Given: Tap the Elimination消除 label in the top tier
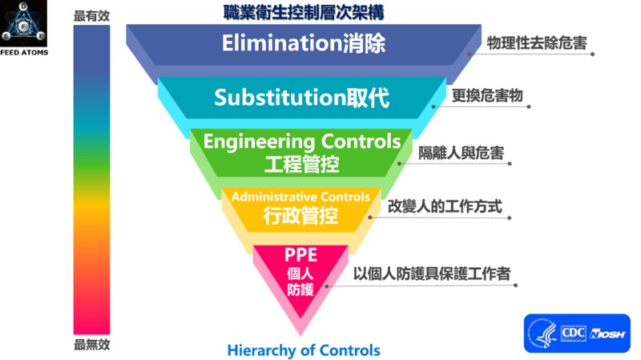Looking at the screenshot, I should tap(303, 43).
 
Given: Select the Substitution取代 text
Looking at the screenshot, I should tap(301, 98).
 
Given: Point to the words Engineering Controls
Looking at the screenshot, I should tap(301, 142).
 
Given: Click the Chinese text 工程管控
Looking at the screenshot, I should tap(301, 164).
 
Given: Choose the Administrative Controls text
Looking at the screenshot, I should tap(300, 196).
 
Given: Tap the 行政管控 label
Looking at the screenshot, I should tap(300, 216).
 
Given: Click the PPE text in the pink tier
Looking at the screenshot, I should tap(300, 255).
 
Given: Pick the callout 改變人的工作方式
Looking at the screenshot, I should tap(445, 206).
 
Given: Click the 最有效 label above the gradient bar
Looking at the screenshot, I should tap(91, 15).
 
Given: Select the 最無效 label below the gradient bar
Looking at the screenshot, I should tap(91, 345).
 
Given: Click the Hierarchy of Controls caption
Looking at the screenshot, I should tap(304, 350).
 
